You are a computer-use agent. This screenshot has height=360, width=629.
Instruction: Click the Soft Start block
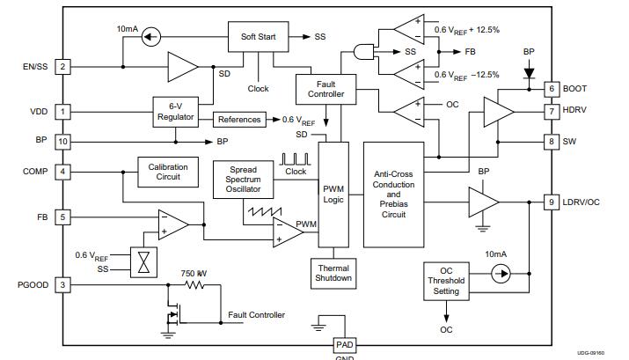252,37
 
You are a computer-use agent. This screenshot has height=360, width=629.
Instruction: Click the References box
239,119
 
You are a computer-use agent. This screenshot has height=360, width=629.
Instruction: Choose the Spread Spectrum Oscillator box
243,180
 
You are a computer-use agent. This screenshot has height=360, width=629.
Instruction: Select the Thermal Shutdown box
333,272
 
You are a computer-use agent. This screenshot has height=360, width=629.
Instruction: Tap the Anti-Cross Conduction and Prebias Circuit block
399,195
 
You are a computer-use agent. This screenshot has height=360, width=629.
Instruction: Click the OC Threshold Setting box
447,280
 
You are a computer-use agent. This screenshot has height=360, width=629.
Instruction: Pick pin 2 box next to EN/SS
62,66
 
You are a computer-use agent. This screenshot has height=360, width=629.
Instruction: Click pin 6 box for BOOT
552,89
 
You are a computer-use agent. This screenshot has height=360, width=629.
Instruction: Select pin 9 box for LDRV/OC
552,202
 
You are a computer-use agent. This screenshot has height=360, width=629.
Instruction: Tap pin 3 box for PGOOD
62,284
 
